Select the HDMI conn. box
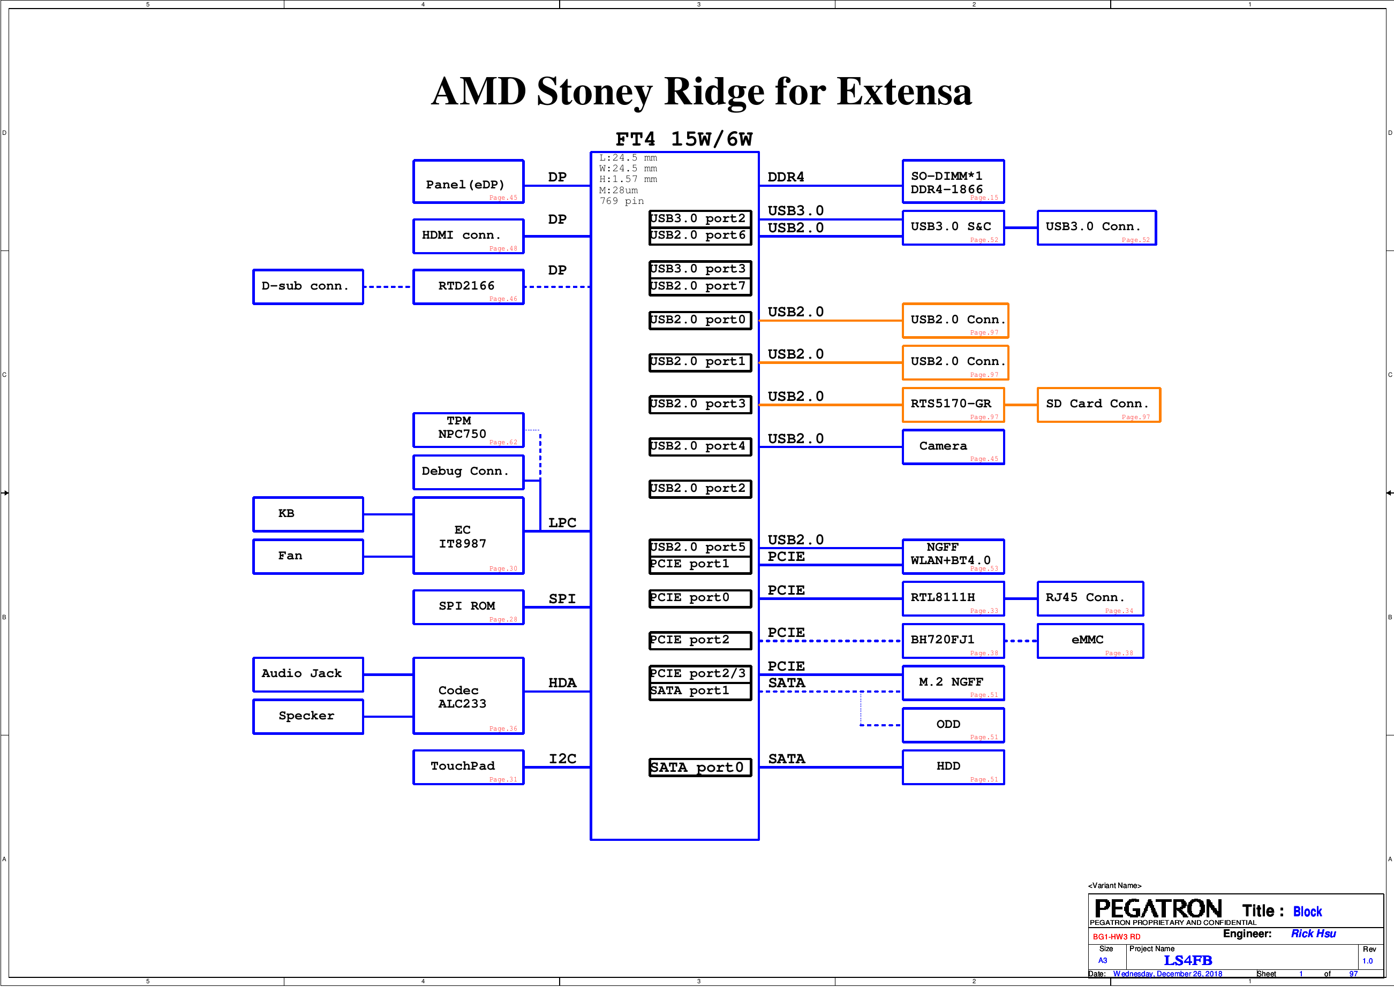(468, 237)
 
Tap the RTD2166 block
(468, 287)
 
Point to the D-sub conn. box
(308, 287)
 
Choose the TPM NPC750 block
(468, 430)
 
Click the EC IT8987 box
(468, 535)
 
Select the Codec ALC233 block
(468, 696)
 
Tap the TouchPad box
(468, 768)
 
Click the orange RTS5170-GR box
(953, 405)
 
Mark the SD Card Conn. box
(1098, 405)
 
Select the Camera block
(953, 447)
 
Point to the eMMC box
(1090, 641)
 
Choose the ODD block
(953, 725)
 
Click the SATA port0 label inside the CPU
(700, 768)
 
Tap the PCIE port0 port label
(700, 598)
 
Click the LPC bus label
(562, 523)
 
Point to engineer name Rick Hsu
(1313, 933)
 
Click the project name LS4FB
(1187, 960)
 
